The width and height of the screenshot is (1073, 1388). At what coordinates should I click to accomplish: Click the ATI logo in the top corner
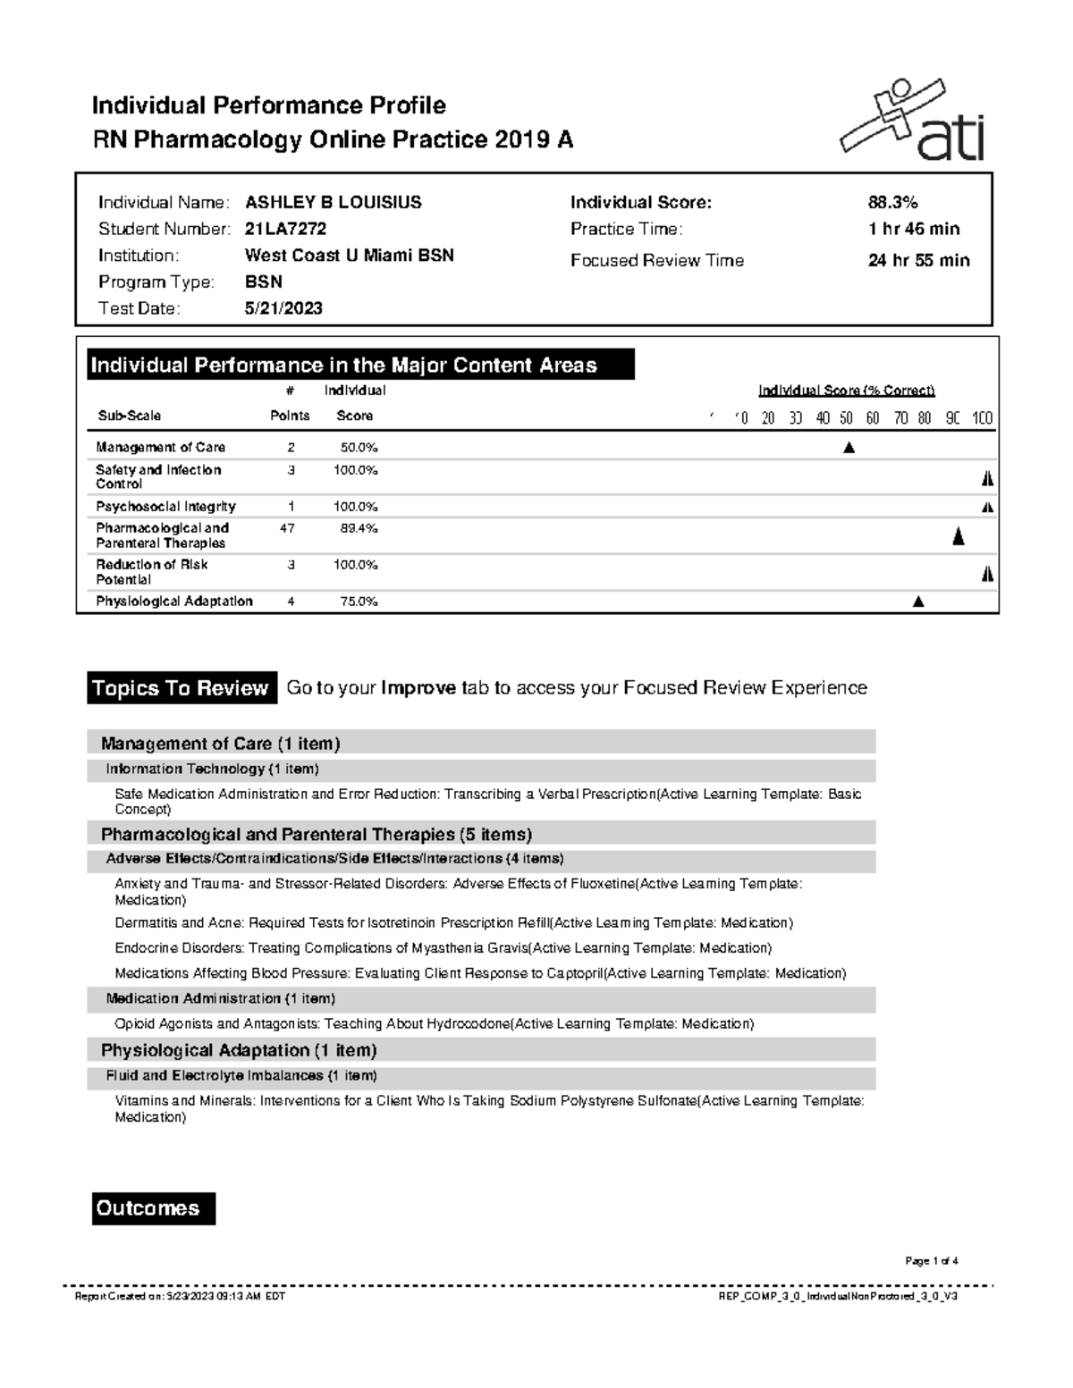[x=912, y=121]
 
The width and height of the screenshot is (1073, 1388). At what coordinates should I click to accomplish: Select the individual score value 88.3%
[x=892, y=202]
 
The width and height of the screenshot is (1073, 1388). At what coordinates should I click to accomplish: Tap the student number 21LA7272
[x=285, y=229]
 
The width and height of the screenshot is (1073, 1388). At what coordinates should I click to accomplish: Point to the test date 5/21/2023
[x=283, y=308]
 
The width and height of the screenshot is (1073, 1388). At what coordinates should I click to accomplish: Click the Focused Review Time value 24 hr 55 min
[x=918, y=260]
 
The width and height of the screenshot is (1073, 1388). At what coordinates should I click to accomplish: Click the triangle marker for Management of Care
[x=849, y=448]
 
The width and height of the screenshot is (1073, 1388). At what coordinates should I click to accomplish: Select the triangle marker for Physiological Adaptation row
[x=917, y=602]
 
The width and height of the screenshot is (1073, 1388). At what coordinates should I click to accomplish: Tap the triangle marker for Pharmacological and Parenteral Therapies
[x=958, y=536]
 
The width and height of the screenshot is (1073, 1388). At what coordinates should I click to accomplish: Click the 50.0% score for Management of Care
[x=358, y=447]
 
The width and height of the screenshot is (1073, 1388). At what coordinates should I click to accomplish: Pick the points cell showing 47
[x=287, y=528]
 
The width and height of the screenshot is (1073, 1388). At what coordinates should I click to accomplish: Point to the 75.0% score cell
[x=358, y=601]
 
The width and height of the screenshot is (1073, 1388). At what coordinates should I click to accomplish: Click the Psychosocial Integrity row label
[x=165, y=507]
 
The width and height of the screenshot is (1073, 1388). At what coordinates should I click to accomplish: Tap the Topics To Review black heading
[x=180, y=688]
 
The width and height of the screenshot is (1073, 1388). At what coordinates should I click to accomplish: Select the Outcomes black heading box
[x=153, y=1208]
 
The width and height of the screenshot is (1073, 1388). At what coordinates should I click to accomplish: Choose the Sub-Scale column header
[x=129, y=416]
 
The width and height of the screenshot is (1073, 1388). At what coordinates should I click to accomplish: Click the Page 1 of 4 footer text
[x=931, y=1261]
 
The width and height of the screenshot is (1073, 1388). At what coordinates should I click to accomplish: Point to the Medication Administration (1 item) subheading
[x=220, y=998]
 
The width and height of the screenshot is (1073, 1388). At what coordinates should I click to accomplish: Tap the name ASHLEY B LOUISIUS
[x=333, y=202]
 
